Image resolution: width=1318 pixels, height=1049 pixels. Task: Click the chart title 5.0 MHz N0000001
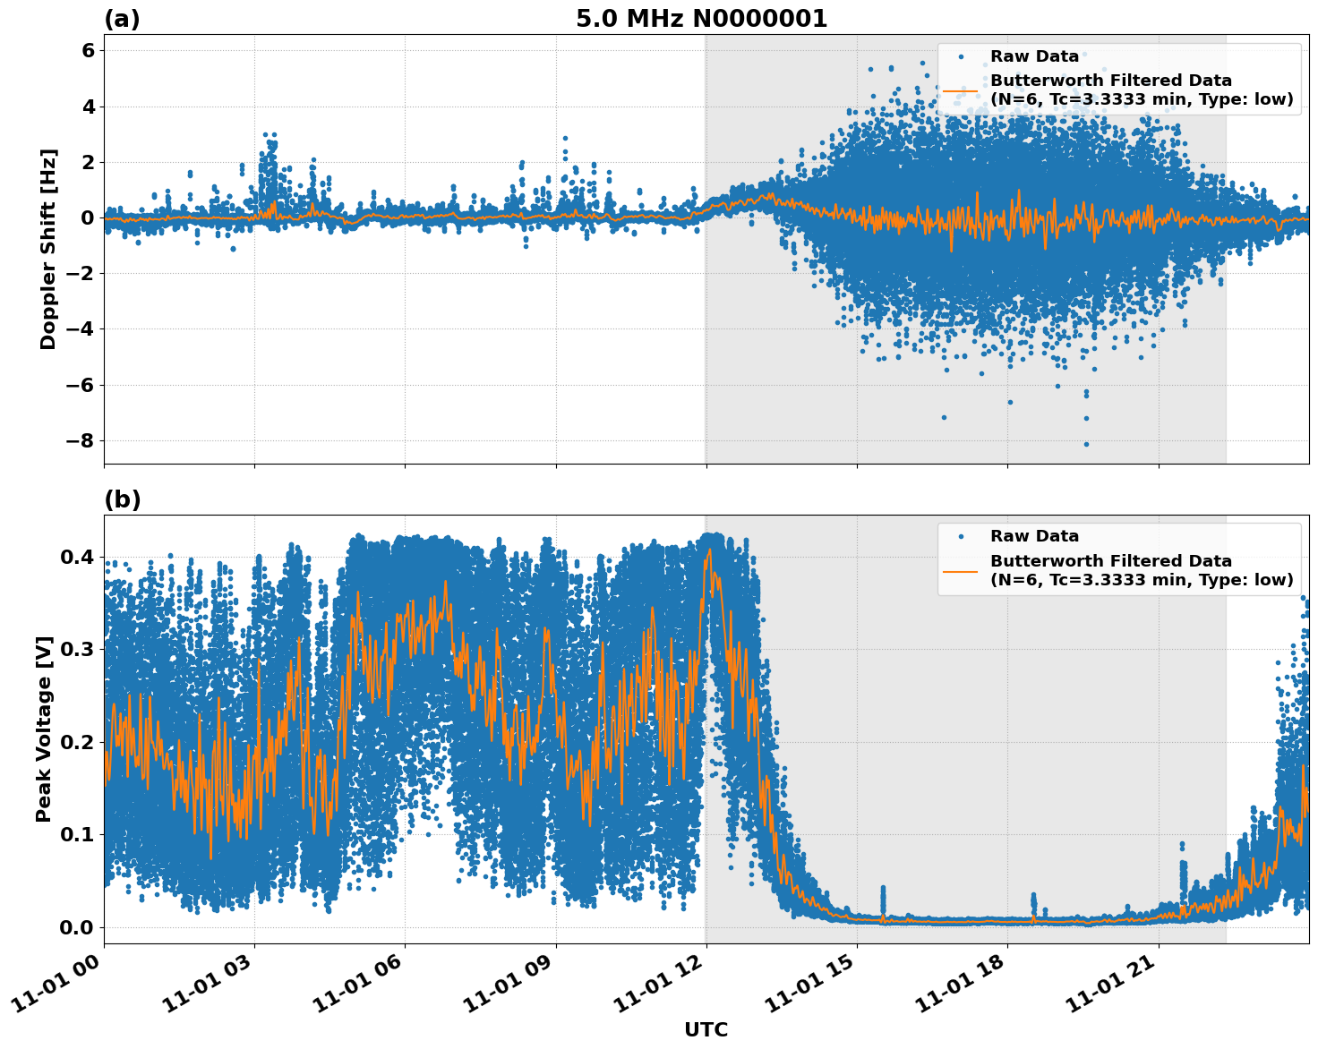point(701,19)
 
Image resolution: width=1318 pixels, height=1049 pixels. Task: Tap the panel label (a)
point(122,19)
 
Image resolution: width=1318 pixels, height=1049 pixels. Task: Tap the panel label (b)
point(122,499)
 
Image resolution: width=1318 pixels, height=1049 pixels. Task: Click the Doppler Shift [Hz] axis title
point(48,249)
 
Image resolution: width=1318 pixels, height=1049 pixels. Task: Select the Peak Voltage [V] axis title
point(44,729)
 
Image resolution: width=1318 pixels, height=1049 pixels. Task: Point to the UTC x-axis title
point(706,1029)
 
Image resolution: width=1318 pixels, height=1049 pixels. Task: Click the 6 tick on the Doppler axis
point(88,51)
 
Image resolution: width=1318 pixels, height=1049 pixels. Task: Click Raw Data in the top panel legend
point(1034,56)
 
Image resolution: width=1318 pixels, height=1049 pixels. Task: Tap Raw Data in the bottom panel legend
point(1034,536)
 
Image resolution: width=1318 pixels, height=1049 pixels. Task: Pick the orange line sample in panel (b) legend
point(960,570)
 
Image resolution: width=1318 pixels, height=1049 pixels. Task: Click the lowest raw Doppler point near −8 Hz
point(1086,444)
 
